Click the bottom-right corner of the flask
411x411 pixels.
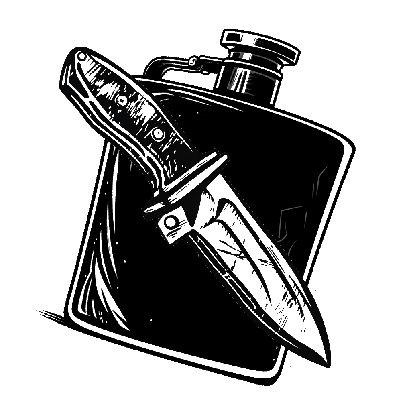point(277,371)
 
